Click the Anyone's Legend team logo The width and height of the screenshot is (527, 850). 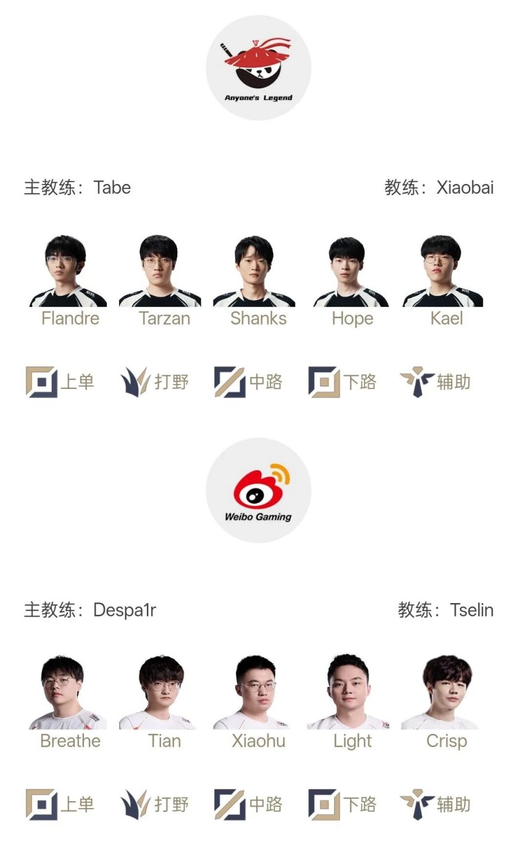pyautogui.click(x=258, y=68)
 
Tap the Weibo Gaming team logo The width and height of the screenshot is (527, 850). pyautogui.click(x=258, y=491)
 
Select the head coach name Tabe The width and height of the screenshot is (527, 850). pyautogui.click(x=112, y=188)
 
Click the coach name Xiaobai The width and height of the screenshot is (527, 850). pyautogui.click(x=465, y=188)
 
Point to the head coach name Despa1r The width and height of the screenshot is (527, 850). pyautogui.click(x=125, y=610)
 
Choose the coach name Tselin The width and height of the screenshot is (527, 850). pyautogui.click(x=471, y=610)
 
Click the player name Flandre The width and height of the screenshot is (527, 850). pyautogui.click(x=70, y=319)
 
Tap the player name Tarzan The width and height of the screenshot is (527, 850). pyautogui.click(x=164, y=319)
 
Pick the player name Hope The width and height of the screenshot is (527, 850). pyautogui.click(x=352, y=319)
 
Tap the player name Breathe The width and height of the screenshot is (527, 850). pyautogui.click(x=70, y=741)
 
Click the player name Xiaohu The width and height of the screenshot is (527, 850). pyautogui.click(x=259, y=741)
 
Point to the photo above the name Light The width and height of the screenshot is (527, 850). pyautogui.click(x=348, y=692)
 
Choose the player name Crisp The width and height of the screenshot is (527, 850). pyautogui.click(x=447, y=741)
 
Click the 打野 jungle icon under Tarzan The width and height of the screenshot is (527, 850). pyautogui.click(x=135, y=382)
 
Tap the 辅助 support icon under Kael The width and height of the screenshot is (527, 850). pyautogui.click(x=417, y=382)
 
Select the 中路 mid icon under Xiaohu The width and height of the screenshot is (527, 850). pyautogui.click(x=230, y=805)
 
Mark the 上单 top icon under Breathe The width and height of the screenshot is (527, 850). pyautogui.click(x=41, y=805)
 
